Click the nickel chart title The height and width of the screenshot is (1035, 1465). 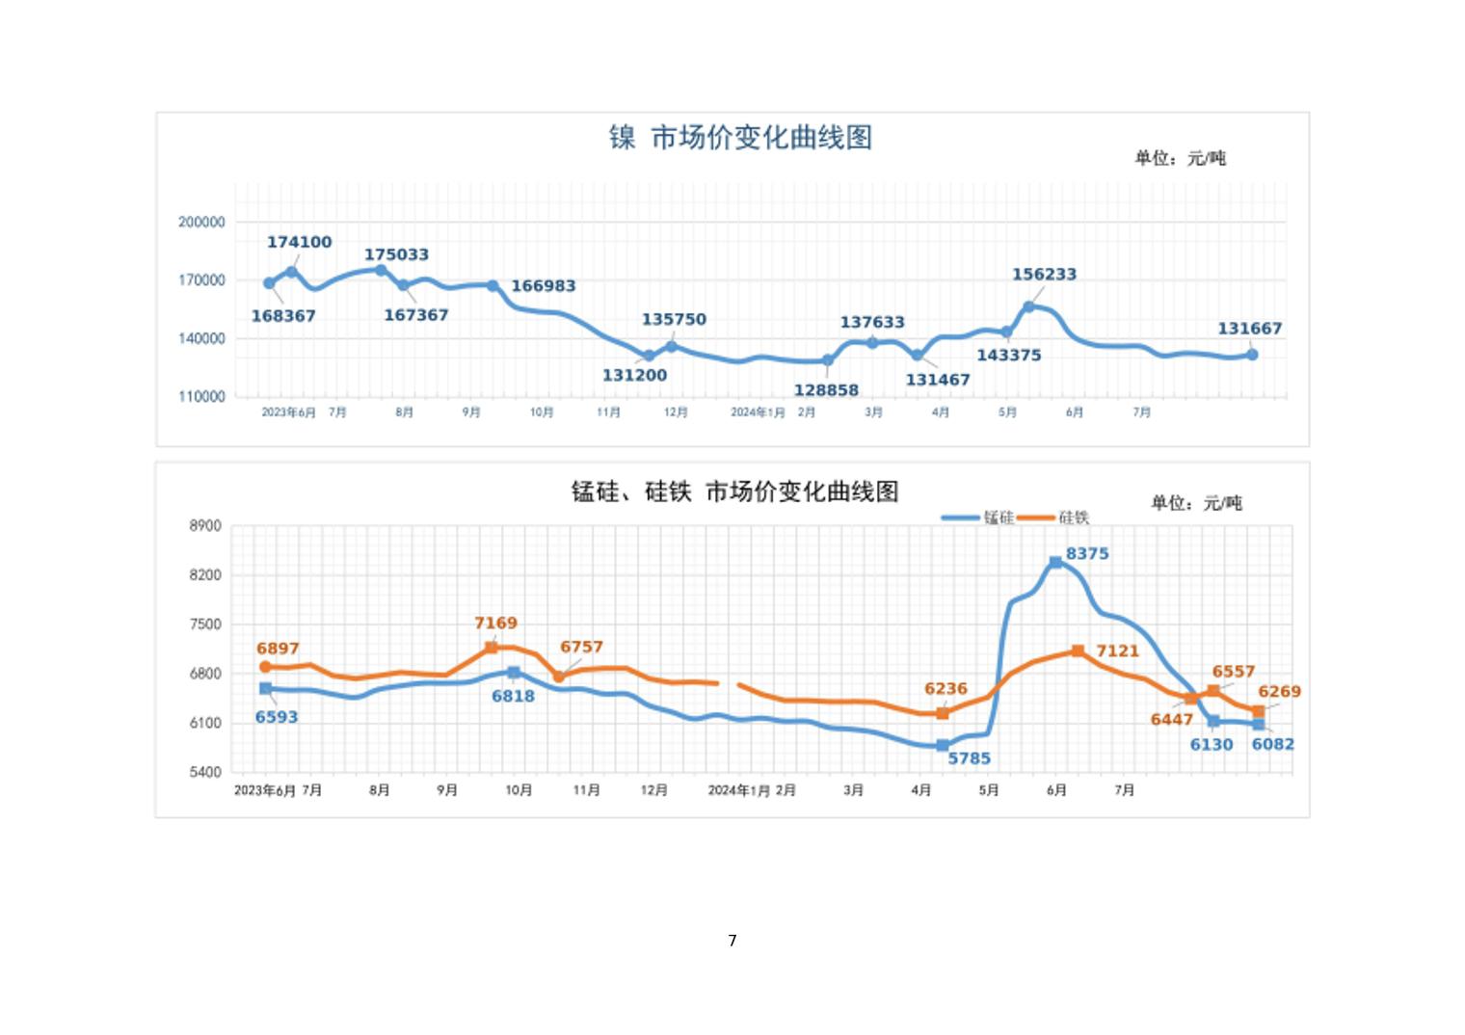[740, 138]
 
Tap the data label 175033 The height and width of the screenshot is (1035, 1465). [396, 254]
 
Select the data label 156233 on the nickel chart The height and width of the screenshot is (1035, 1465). [1044, 274]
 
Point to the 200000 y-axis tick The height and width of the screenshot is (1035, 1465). [201, 222]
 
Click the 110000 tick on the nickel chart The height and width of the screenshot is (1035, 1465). [201, 396]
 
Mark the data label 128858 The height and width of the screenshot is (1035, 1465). [826, 390]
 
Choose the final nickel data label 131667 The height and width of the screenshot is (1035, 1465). [1249, 329]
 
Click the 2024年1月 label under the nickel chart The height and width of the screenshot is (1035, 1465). [758, 412]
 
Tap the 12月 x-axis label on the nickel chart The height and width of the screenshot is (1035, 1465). [676, 412]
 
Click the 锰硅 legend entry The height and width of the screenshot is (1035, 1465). [978, 517]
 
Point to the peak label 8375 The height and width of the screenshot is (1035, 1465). [1087, 553]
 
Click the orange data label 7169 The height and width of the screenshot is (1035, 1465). [495, 624]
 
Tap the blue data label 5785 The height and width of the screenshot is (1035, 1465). [969, 758]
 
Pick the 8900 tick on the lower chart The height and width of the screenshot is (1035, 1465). [205, 526]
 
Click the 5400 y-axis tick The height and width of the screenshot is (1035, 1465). [205, 772]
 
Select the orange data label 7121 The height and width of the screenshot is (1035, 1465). [1117, 651]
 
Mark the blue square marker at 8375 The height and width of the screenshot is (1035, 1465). [1055, 563]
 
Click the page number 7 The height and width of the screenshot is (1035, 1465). [732, 941]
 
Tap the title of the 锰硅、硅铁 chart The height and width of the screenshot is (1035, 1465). [734, 492]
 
